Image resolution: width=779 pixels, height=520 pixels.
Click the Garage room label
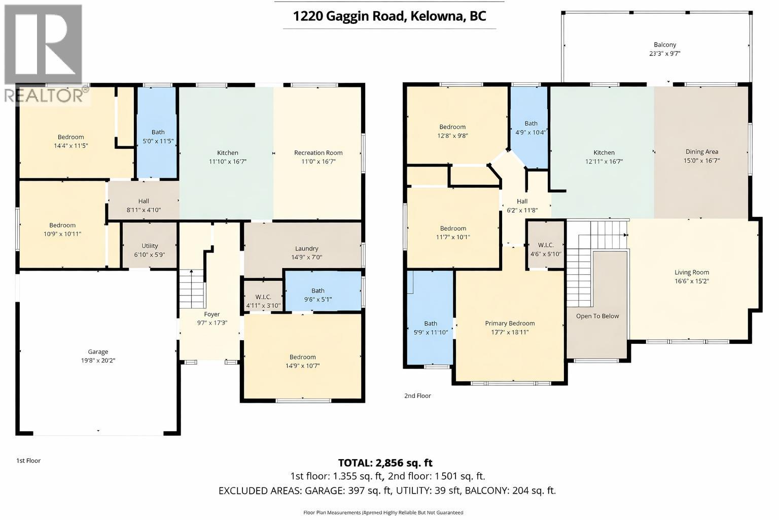point(98,351)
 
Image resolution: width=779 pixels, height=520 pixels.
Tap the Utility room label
point(150,246)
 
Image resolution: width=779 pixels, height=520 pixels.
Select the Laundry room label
point(306,248)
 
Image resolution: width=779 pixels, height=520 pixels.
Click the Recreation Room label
point(318,152)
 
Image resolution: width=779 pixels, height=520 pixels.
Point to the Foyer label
point(211,314)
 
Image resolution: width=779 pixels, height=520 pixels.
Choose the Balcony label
point(664,45)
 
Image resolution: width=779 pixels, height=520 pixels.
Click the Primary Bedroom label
point(510,323)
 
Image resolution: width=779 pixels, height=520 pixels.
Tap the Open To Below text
point(597,316)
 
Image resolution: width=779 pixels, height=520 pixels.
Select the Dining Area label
point(701,151)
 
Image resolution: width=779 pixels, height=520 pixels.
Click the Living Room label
point(691,272)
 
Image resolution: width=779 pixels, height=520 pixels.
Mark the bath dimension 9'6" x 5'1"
point(317,299)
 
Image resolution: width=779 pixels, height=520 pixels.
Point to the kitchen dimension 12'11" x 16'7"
point(604,161)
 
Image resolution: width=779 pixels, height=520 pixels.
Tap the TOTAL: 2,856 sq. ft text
point(385,463)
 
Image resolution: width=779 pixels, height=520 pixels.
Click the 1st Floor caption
point(28,461)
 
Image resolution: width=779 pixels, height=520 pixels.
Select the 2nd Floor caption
point(417,396)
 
